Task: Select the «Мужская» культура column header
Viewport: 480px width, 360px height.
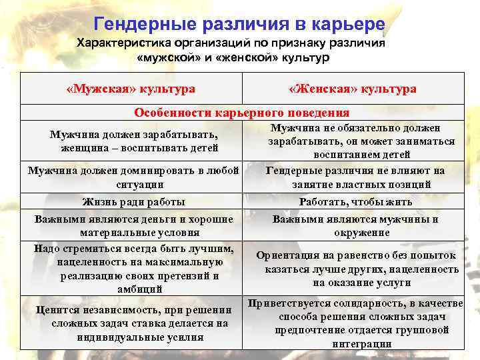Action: tap(131, 89)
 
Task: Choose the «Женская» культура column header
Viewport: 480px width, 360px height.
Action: tap(353, 89)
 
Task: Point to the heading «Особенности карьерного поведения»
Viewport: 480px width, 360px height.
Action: tap(242, 113)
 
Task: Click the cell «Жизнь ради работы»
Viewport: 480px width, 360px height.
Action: tap(133, 201)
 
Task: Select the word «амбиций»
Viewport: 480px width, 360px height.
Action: tap(134, 289)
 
